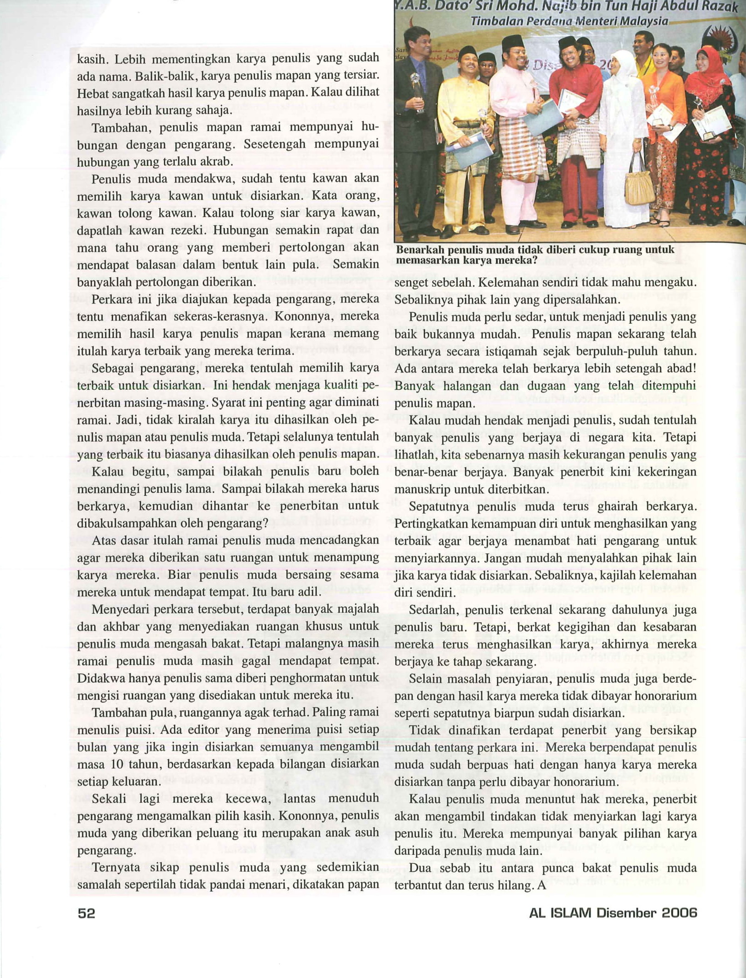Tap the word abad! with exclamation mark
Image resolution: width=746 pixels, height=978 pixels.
coord(681,369)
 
